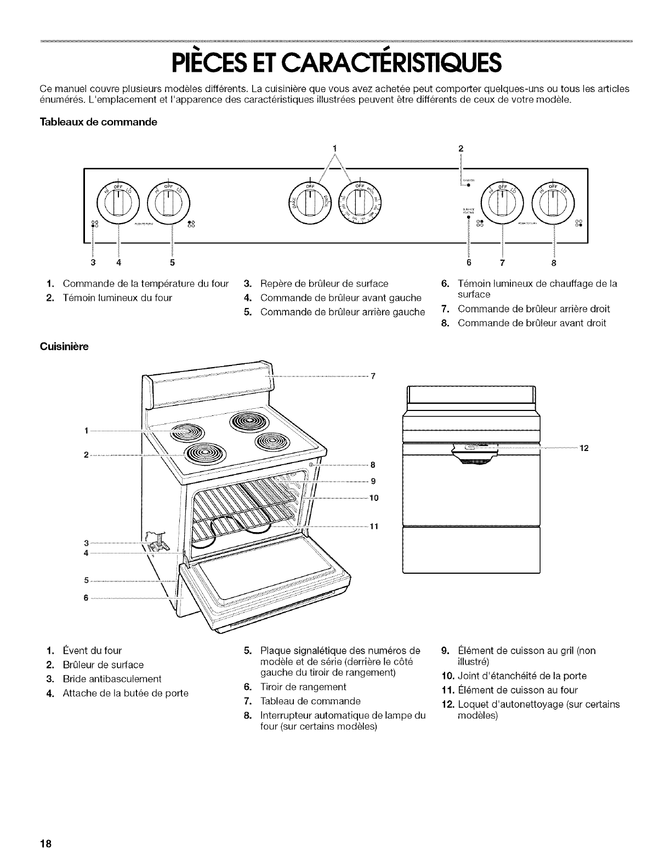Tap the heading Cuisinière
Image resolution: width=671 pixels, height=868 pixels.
coord(64,347)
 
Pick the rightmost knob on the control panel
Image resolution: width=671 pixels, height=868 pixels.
coord(555,201)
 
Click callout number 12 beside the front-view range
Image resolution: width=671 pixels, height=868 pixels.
coord(584,449)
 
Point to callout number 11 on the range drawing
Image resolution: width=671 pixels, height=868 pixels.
coord(375,527)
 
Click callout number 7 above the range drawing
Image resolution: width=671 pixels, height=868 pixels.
coord(373,376)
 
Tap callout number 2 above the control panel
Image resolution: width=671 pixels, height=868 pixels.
coord(461,148)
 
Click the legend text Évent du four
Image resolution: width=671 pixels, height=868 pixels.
coord(92,650)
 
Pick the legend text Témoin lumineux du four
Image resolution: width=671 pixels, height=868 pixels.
coord(117,298)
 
